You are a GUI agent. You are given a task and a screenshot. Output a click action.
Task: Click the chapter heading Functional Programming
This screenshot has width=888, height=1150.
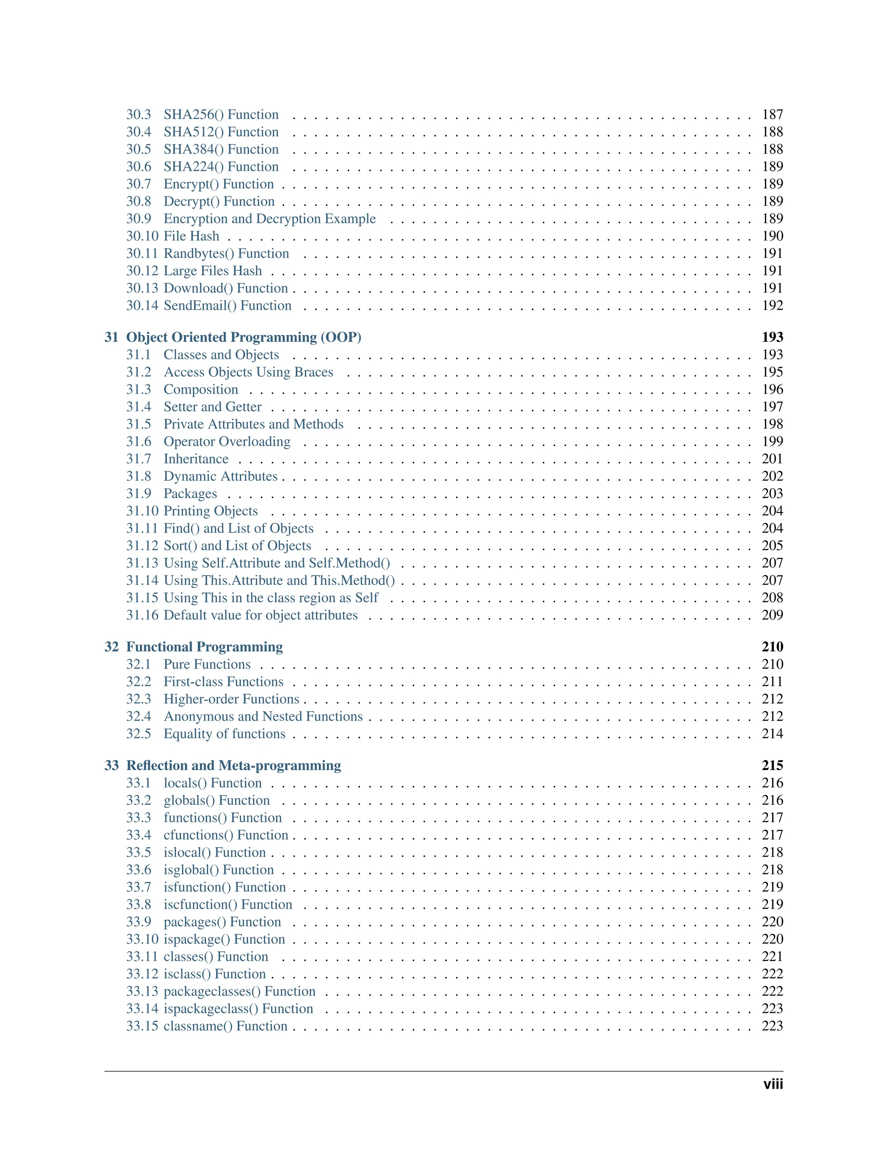pyautogui.click(x=204, y=647)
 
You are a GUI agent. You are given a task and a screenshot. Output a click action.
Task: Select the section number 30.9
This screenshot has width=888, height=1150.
pyautogui.click(x=138, y=219)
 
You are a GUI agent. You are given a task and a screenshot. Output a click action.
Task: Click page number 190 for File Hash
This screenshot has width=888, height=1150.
pyautogui.click(x=772, y=236)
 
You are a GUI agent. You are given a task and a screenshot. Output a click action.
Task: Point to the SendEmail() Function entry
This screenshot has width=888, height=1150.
pyautogui.click(x=227, y=306)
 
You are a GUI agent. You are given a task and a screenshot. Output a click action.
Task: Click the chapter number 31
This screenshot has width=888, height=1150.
pyautogui.click(x=111, y=337)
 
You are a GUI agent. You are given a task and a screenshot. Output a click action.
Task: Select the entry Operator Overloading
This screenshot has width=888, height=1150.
pyautogui.click(x=227, y=441)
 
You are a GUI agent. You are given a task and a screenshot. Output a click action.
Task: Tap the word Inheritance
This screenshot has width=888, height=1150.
pyautogui.click(x=196, y=459)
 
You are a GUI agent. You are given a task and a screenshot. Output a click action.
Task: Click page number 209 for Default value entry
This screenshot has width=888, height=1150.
pyautogui.click(x=772, y=615)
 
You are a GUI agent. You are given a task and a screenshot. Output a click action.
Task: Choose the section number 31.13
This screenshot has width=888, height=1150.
pyautogui.click(x=142, y=563)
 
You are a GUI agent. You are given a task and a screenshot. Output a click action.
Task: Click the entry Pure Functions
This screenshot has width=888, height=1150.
pyautogui.click(x=207, y=664)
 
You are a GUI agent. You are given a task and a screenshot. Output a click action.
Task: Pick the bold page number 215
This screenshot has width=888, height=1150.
pyautogui.click(x=772, y=765)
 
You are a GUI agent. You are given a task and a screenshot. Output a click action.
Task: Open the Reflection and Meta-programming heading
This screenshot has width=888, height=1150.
pyautogui.click(x=234, y=765)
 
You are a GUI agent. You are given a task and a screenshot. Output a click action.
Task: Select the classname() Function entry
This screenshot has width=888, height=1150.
pyautogui.click(x=225, y=1026)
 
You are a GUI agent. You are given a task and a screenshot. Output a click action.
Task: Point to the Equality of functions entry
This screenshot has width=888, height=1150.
pyautogui.click(x=224, y=733)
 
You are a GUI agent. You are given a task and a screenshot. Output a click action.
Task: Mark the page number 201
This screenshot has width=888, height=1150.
pyautogui.click(x=772, y=459)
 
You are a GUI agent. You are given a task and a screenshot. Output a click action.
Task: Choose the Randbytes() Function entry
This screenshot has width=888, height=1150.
pyautogui.click(x=226, y=253)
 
